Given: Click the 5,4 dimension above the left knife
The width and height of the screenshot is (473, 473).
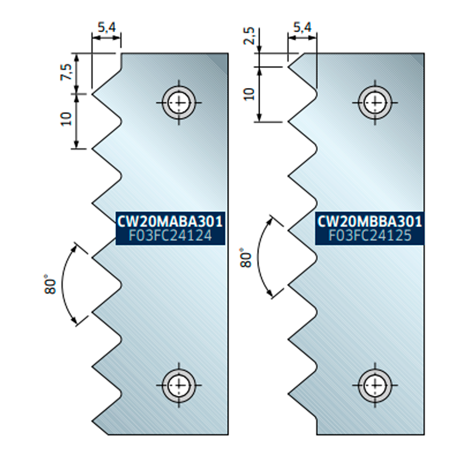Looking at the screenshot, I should click(x=106, y=28).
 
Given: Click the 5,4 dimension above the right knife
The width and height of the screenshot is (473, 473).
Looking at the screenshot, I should click(x=302, y=28).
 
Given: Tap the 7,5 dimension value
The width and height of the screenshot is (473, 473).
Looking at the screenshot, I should click(x=68, y=72).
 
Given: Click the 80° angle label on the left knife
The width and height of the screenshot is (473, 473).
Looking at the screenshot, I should click(x=51, y=284).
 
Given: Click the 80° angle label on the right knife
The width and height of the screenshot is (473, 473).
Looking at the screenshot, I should click(x=245, y=257).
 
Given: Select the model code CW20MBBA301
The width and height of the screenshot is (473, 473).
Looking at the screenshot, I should click(x=370, y=221).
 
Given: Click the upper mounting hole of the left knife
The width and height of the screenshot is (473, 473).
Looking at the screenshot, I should click(x=179, y=102).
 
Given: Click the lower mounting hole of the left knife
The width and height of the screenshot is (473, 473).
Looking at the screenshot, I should click(x=179, y=385).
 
